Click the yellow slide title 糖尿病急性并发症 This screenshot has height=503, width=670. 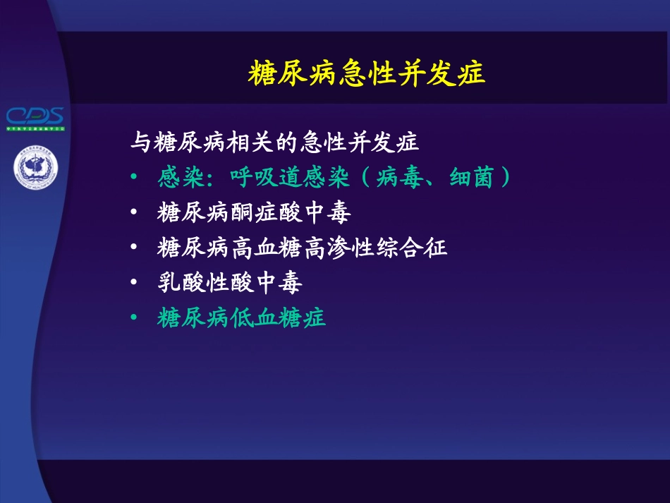click(x=367, y=73)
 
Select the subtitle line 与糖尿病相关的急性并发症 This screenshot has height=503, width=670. click(x=275, y=143)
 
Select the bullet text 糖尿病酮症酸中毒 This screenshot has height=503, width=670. click(x=254, y=212)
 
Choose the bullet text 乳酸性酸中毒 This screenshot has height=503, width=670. click(x=230, y=283)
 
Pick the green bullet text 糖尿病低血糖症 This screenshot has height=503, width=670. click(x=241, y=318)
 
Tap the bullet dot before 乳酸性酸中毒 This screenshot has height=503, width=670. click(x=135, y=284)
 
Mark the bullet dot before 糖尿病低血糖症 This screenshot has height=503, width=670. click(x=135, y=319)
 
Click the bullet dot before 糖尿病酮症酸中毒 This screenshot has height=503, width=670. click(x=135, y=213)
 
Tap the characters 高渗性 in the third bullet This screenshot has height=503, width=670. click(x=351, y=248)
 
